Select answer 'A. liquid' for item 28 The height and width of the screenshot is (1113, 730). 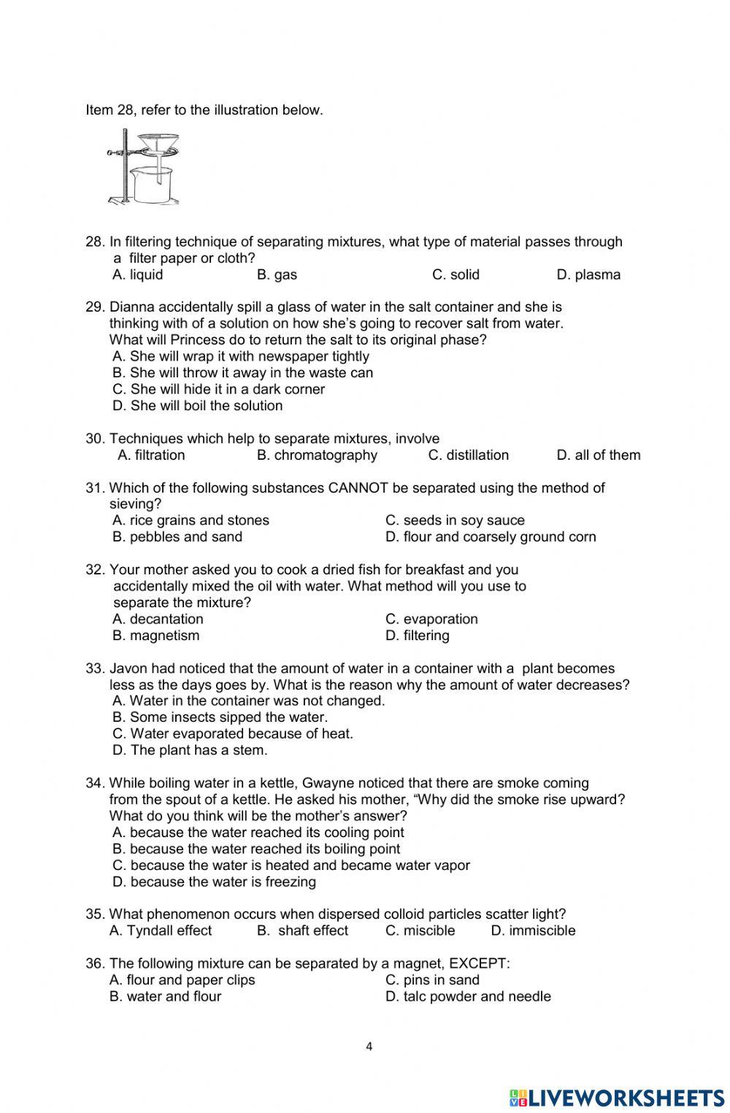click(138, 275)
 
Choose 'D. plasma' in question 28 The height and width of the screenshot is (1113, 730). click(588, 275)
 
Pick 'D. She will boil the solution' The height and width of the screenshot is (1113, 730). click(198, 406)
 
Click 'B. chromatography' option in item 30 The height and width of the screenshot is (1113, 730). click(317, 455)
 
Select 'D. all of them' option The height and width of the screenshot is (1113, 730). click(599, 455)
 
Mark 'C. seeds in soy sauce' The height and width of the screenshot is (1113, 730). click(455, 520)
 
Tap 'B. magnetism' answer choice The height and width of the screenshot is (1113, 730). click(155, 636)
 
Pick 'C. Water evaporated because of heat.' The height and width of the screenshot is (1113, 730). click(233, 733)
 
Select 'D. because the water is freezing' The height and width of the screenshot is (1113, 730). click(215, 882)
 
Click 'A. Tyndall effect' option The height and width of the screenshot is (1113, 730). click(161, 931)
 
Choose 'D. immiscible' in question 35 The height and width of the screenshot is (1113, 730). click(533, 931)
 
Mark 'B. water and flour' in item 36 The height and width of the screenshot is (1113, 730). click(165, 996)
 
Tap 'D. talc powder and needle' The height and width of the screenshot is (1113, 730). click(468, 996)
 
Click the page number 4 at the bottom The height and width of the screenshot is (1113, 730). click(369, 1047)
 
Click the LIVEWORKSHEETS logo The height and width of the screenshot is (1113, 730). click(617, 1097)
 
